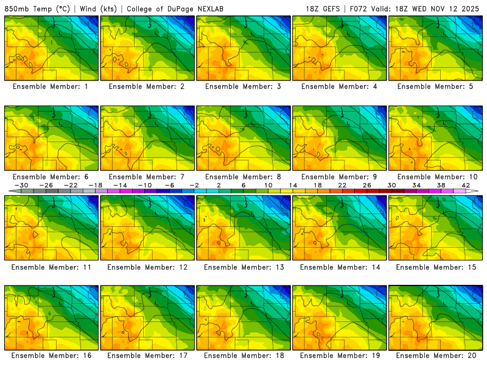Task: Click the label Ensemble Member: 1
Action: tap(50, 87)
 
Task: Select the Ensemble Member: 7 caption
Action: tap(146, 177)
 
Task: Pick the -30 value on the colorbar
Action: tap(21, 185)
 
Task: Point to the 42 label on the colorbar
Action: tap(466, 185)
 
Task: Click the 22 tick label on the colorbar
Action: tap(342, 185)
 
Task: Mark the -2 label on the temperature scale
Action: tap(194, 185)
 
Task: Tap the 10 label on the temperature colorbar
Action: tap(268, 185)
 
